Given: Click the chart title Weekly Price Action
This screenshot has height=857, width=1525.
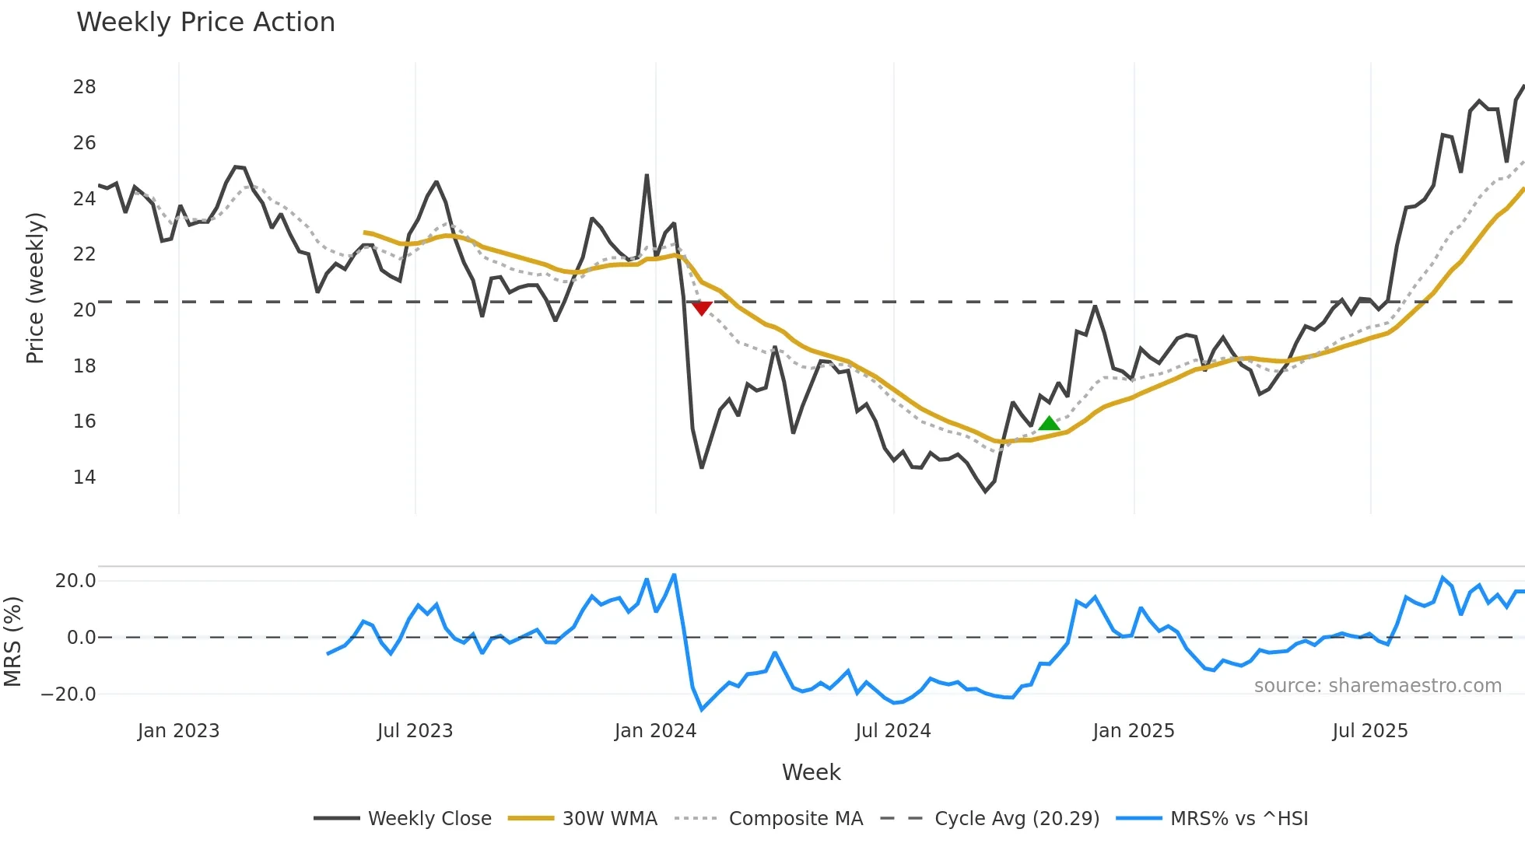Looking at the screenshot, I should point(205,22).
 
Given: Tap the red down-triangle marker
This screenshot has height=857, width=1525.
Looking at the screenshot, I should point(702,309).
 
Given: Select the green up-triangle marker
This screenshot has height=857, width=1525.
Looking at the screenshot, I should point(1049,423).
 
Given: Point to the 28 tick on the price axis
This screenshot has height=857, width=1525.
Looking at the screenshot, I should point(85,87).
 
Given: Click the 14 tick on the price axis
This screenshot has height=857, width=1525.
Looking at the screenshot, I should point(85,477).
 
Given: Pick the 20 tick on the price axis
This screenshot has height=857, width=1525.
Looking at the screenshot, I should point(85,310).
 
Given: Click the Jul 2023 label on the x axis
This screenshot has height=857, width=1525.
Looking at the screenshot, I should point(415,731).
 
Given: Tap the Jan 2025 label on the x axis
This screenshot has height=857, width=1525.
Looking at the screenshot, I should point(1133,731).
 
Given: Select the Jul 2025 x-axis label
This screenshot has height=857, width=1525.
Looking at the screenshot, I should point(1369,731).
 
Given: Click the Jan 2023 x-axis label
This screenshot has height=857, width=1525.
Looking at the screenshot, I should point(178,731).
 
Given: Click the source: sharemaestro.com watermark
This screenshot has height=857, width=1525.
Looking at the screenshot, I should point(1377,686).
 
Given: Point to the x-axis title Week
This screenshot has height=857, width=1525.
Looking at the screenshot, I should point(811,772).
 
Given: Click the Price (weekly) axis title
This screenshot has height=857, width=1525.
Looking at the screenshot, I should point(35,288).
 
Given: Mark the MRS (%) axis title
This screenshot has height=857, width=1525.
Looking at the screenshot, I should point(12,642).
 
